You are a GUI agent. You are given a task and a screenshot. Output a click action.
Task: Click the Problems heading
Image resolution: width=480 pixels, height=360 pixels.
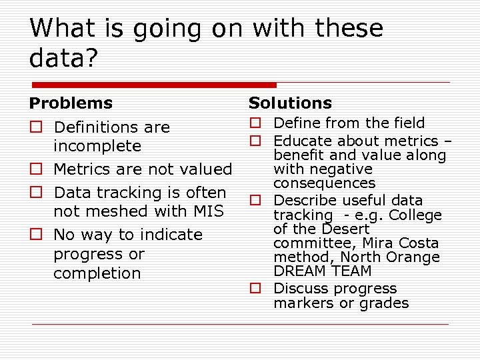(x=71, y=103)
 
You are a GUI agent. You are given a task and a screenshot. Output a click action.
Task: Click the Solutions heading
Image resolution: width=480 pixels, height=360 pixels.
(x=290, y=103)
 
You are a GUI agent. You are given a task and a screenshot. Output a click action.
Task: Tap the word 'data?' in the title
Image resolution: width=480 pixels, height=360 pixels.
(x=63, y=58)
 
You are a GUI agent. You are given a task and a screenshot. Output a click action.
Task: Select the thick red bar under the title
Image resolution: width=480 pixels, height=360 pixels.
(x=153, y=85)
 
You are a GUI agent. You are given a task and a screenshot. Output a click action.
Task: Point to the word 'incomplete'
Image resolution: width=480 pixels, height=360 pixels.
(x=97, y=146)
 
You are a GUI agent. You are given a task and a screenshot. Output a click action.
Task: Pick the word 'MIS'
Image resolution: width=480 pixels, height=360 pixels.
(x=208, y=211)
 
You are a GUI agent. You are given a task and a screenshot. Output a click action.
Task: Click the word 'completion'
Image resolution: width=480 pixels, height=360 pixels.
(x=97, y=273)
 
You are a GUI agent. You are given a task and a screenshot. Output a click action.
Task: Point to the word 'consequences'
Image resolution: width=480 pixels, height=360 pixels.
(x=325, y=183)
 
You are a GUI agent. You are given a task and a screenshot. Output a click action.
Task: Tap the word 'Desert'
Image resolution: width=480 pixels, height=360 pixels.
(x=346, y=229)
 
